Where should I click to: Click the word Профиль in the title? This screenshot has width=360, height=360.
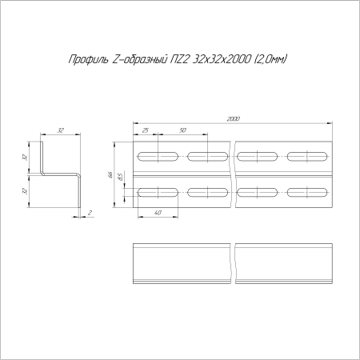coord(89,60)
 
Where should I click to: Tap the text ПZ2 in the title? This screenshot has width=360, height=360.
coord(180,59)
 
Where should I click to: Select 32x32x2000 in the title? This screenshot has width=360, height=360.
coord(222,59)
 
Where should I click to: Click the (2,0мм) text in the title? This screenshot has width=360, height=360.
coord(270,59)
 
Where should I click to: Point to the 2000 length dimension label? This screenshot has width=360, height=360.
coord(233,119)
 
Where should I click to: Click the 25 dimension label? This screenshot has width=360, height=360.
coord(146,130)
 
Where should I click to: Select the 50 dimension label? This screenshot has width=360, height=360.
coord(182,130)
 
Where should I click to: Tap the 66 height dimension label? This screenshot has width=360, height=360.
coord(110,174)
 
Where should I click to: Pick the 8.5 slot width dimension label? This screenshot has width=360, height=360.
coord(120,177)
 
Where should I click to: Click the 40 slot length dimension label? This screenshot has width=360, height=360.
coord(158,213)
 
